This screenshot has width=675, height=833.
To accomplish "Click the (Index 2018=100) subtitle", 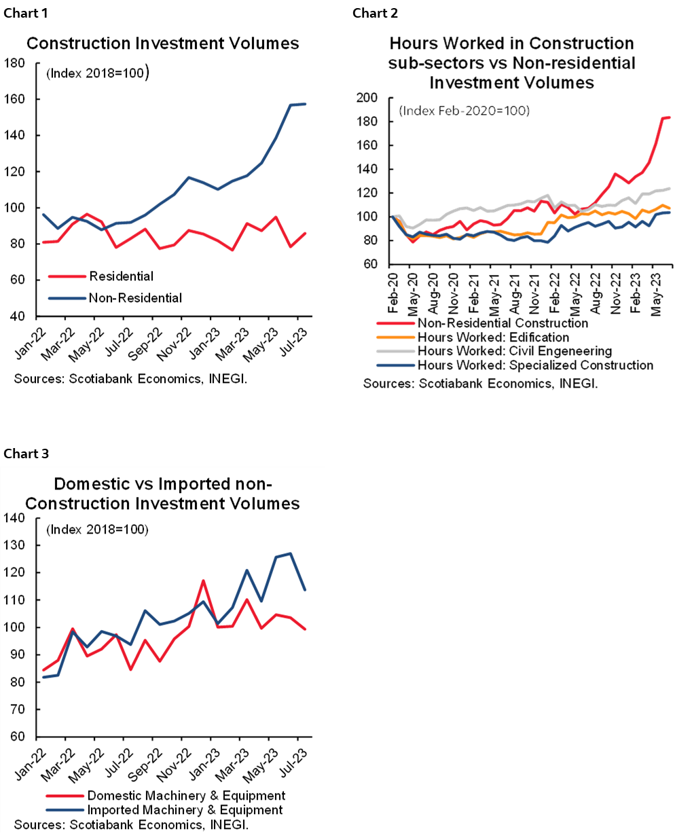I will click(96, 530).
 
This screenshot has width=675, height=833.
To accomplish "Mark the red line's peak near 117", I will click(203, 580).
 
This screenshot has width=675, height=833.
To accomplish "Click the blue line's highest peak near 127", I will click(291, 553).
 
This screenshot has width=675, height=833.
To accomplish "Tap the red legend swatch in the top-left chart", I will click(67, 276).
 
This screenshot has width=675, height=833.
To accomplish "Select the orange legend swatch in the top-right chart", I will click(395, 337).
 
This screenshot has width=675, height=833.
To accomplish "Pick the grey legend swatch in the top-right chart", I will click(395, 352).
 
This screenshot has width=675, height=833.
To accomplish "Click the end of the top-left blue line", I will click(306, 104).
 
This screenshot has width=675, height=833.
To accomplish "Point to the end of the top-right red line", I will click(670, 117).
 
